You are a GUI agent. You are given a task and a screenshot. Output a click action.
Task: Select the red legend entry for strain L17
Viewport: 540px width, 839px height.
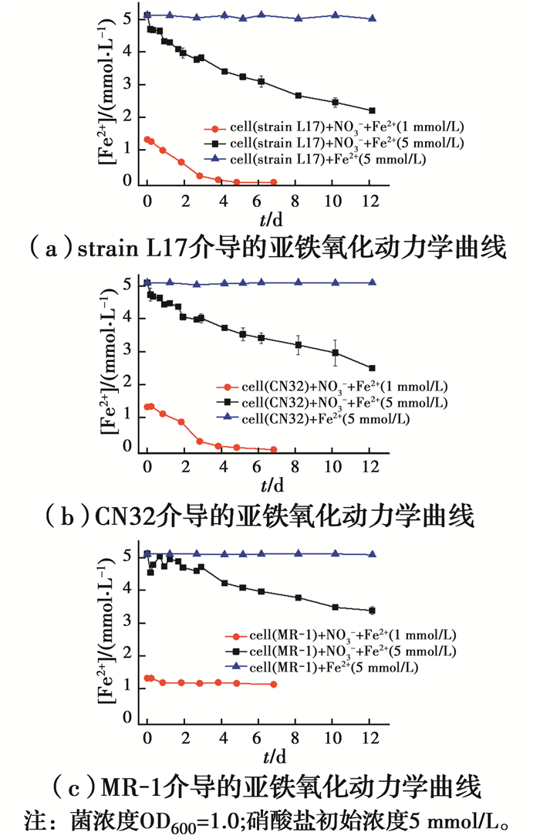click(335, 128)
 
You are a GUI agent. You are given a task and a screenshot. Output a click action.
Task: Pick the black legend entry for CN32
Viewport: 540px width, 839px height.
click(332, 403)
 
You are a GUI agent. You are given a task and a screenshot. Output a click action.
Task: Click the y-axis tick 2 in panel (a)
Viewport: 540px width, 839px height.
click(128, 117)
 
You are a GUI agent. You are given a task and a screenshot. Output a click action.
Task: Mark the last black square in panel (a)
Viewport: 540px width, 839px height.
click(372, 110)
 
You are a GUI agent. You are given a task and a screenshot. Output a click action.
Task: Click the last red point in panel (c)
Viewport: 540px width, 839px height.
click(274, 684)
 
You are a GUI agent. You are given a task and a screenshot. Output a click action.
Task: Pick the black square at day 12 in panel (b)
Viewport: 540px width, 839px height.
click(372, 368)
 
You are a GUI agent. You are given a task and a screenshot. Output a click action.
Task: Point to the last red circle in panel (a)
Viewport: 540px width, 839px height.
click(274, 182)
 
